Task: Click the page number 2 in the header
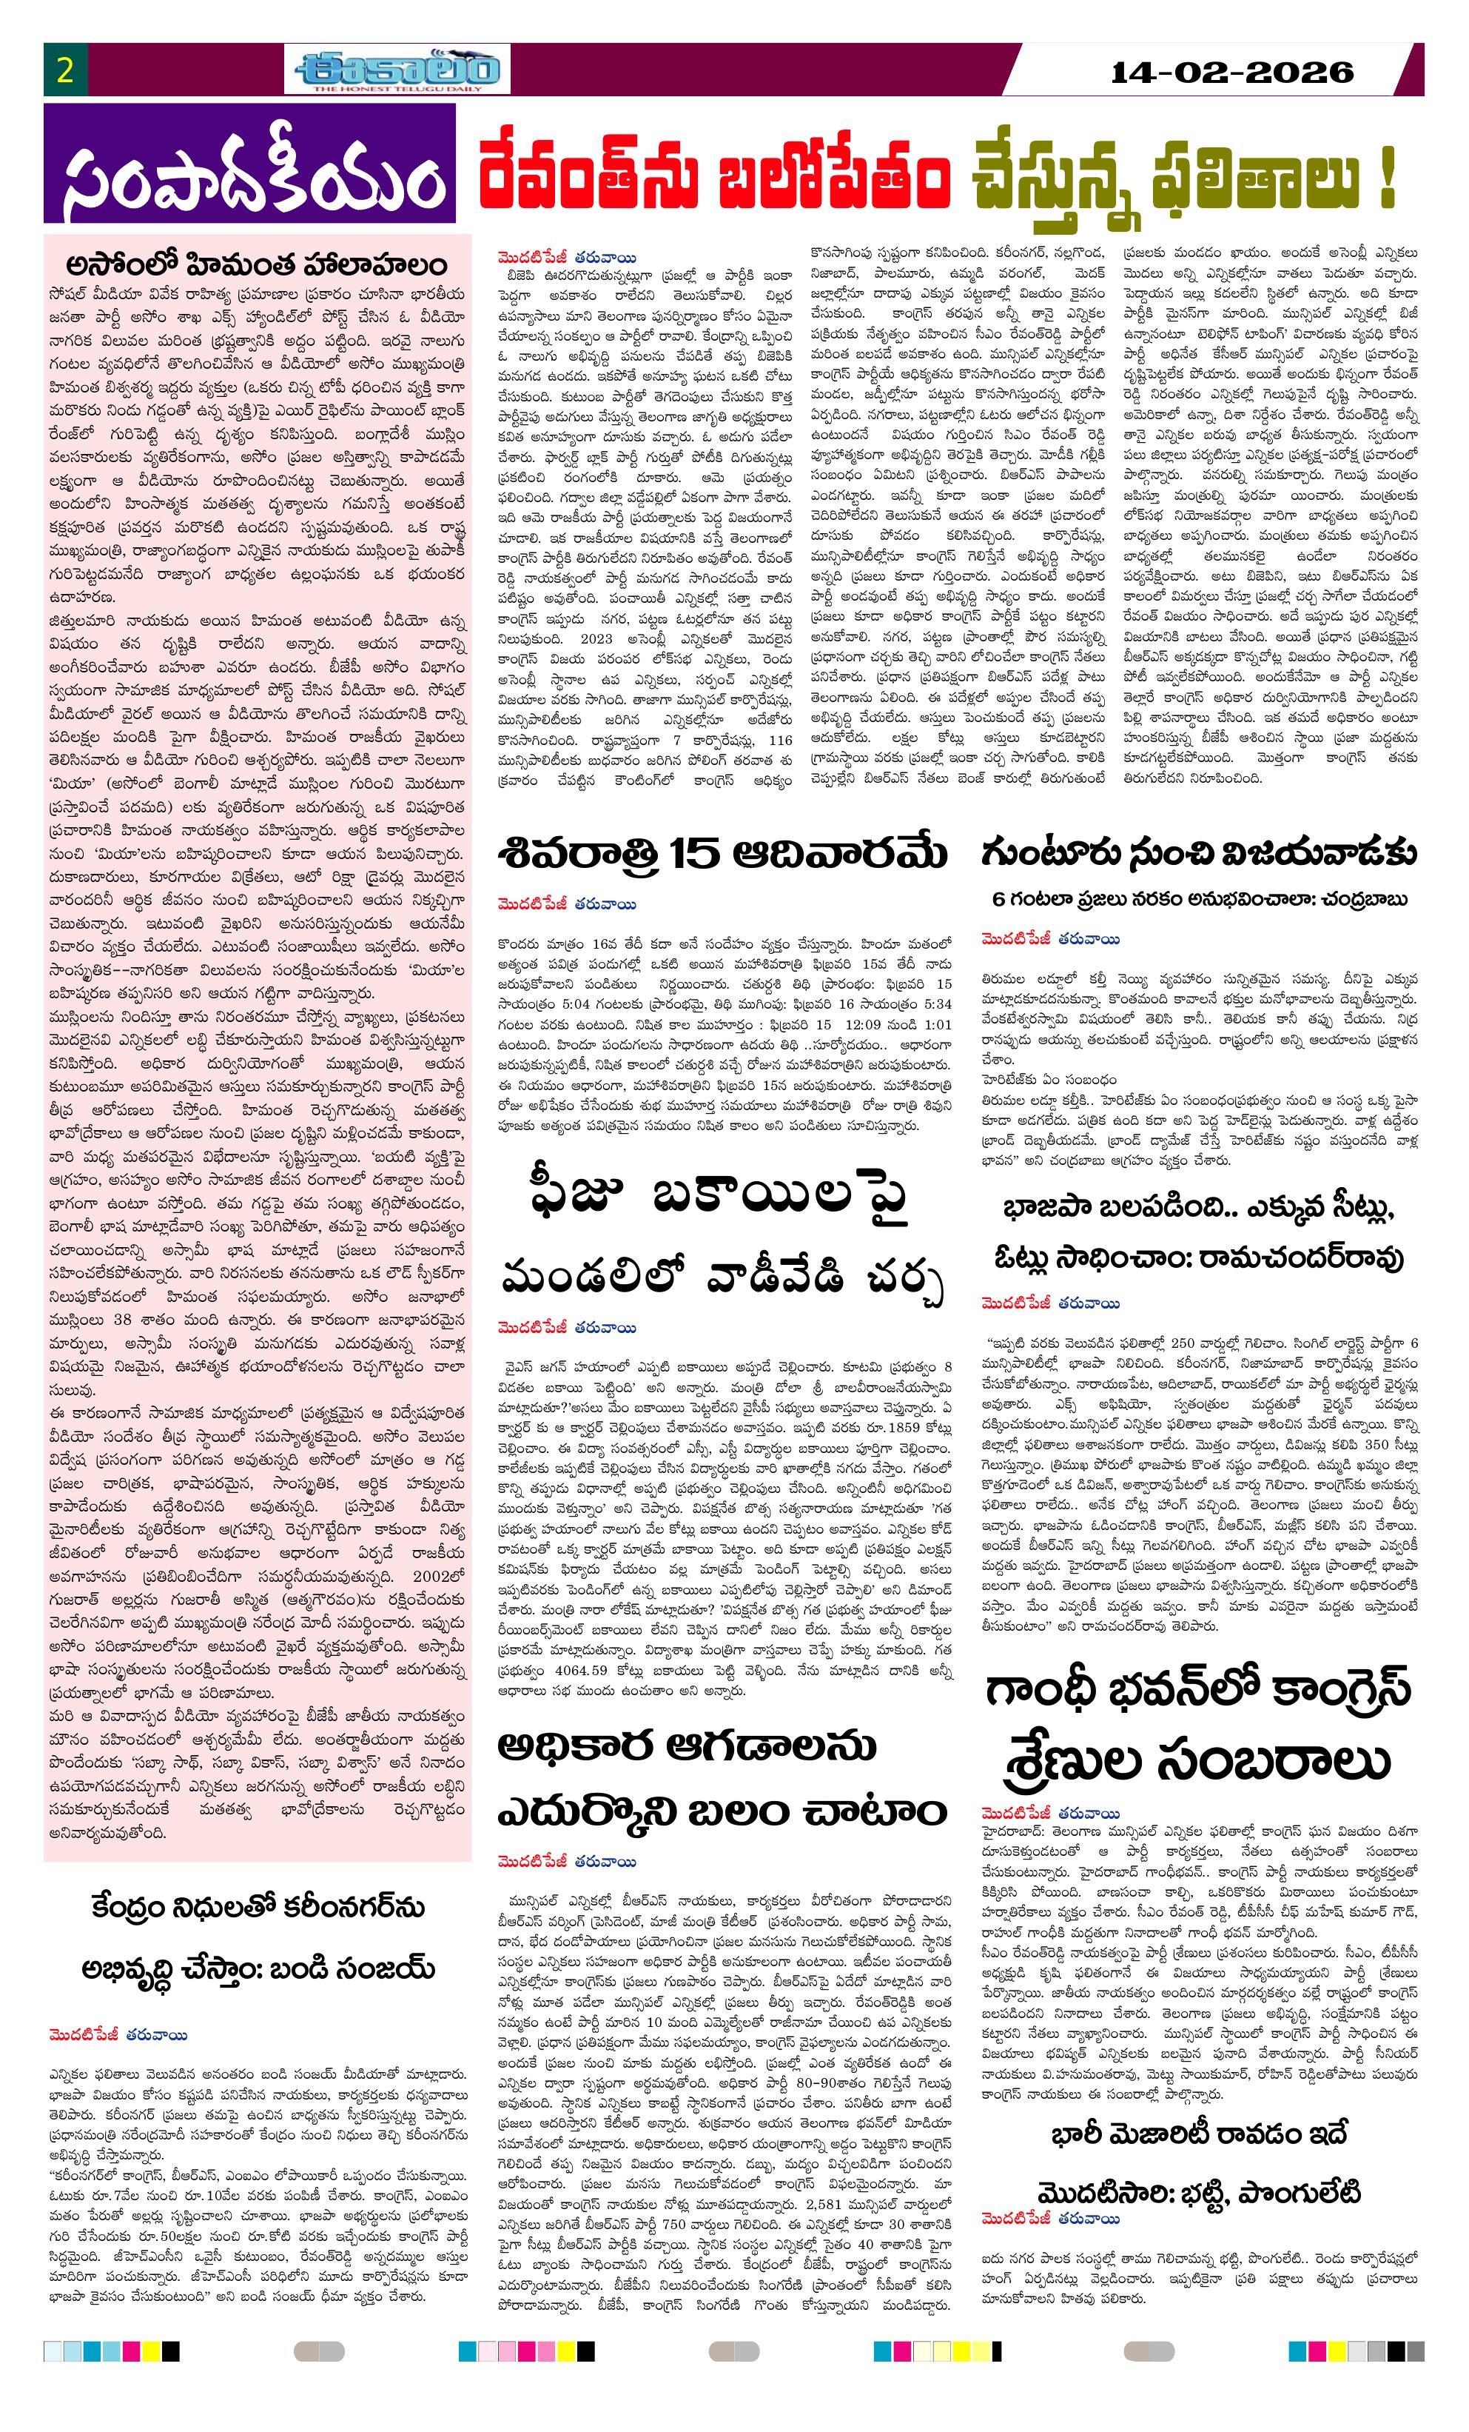pos(65,71)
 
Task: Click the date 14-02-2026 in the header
pos(1231,71)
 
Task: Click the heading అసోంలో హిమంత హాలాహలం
pos(257,264)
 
